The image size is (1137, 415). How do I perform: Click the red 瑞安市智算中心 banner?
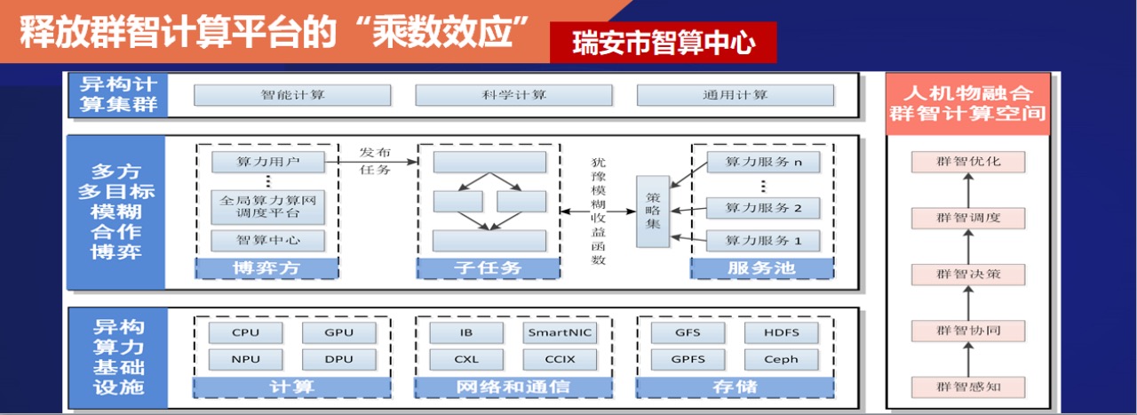pos(663,43)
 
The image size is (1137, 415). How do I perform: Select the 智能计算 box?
pos(292,95)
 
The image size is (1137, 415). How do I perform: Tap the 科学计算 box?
pos(513,95)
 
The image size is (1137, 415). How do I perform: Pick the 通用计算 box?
pos(735,95)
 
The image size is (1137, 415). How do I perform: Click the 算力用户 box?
pos(267,163)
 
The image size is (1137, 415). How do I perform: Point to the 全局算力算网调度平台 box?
pos(267,207)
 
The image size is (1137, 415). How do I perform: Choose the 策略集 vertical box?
pos(653,211)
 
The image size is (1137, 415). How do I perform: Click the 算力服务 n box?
pos(762,163)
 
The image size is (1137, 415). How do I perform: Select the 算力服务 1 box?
pos(762,240)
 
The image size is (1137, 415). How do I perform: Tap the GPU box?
pos(338,333)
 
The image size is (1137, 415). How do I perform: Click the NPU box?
pos(246,360)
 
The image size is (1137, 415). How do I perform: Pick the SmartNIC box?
pos(560,333)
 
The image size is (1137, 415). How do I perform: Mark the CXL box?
pos(466,360)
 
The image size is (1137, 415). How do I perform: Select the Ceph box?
pos(781,360)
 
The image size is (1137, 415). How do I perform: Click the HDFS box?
pos(781,333)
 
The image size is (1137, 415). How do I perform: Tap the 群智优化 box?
pos(968,162)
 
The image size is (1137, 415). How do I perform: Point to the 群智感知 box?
pos(968,387)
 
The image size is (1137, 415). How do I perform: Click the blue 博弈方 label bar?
pos(267,267)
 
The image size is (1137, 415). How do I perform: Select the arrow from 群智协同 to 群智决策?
pos(968,302)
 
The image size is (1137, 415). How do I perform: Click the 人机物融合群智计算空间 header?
pos(967,103)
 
